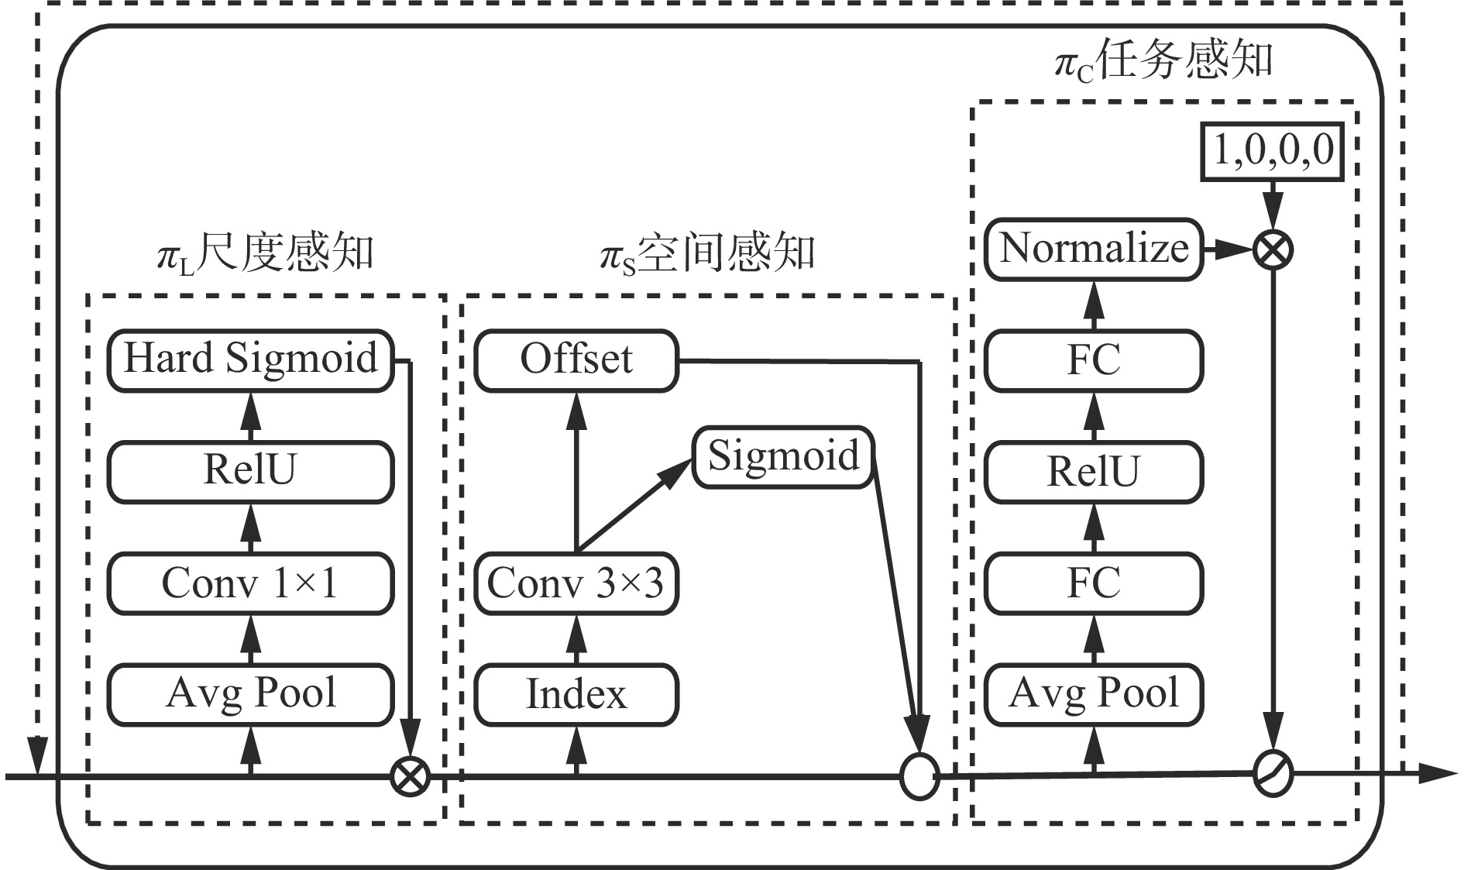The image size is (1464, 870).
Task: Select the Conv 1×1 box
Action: coord(250,583)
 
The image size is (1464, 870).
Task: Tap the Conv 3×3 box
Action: coord(576,583)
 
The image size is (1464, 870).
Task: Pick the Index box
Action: coord(576,694)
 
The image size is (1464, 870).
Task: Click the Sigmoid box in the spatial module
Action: coord(783,457)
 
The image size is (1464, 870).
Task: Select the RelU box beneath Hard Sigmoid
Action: coord(250,471)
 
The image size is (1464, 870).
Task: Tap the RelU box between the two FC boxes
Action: coord(1094,471)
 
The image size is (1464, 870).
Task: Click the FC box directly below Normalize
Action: coord(1094,360)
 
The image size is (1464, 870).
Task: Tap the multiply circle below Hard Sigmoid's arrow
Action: coord(409,775)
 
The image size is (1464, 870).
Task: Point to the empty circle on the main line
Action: coord(919,775)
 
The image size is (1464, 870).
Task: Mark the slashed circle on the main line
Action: coord(1273,773)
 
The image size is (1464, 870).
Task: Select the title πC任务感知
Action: coord(1163,60)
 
